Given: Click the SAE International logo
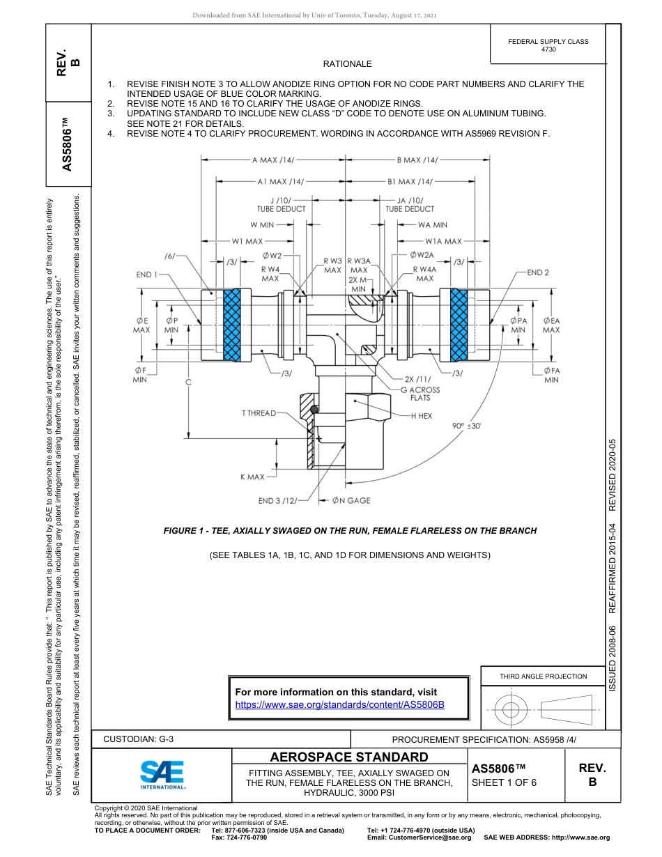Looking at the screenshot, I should pos(162,773).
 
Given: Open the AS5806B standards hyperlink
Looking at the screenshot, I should pos(340,704).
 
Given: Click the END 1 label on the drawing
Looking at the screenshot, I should pos(147,275).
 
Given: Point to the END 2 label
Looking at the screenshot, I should pos(538,272).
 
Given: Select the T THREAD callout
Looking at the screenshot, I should pos(259,413).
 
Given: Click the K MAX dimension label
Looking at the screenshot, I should pos(252,477).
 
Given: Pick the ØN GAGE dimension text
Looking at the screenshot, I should pos(351,500).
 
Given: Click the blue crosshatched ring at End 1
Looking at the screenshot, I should pos(232,325).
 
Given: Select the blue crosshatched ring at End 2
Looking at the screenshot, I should pos(459,325).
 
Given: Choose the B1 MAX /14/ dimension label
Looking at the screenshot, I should pos(410,182).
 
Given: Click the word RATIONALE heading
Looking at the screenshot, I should pos(347,64).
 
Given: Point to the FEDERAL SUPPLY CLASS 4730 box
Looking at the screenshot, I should pos(548,45).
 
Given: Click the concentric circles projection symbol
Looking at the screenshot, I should pos(511,709).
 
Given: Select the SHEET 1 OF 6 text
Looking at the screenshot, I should pos(504,782).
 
